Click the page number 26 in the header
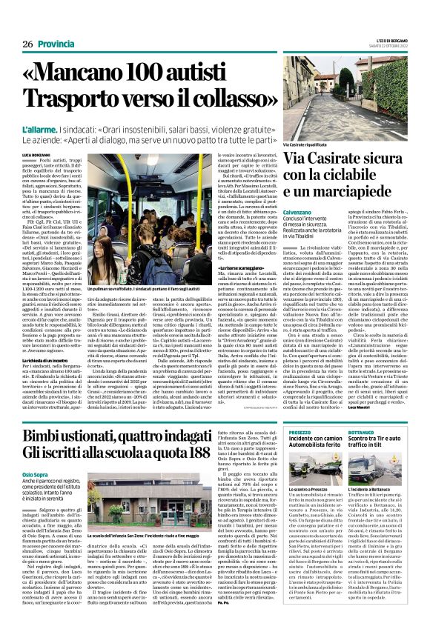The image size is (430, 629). (27, 44)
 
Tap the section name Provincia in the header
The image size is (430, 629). (56, 44)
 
